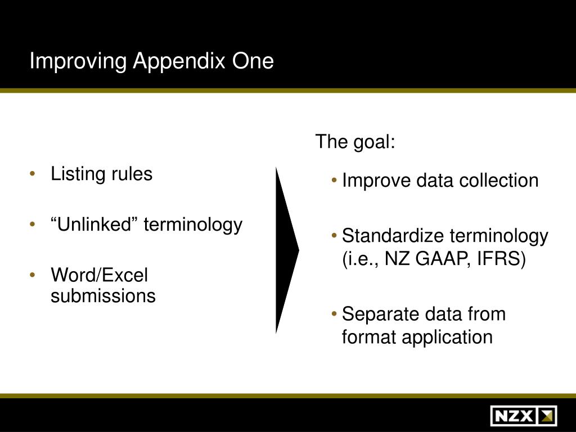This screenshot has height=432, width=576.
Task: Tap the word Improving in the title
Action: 78,61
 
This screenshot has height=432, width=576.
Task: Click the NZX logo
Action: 523,416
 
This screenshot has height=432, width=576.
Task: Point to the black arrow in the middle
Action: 286,250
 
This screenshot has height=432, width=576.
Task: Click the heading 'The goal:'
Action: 355,142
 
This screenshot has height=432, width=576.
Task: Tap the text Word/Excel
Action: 99,276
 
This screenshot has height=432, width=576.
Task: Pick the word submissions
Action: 103,295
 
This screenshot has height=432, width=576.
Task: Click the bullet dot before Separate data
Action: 335,313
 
